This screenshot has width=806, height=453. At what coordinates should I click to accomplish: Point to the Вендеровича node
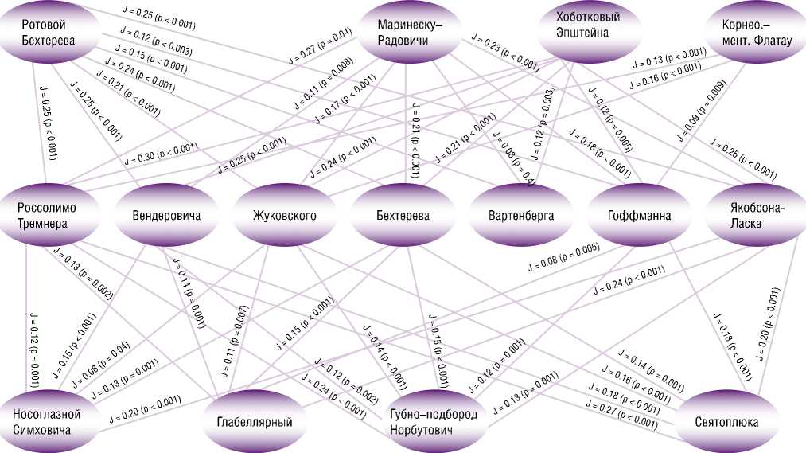[x=165, y=215]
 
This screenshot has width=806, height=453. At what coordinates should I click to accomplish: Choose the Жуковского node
[x=284, y=215]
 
